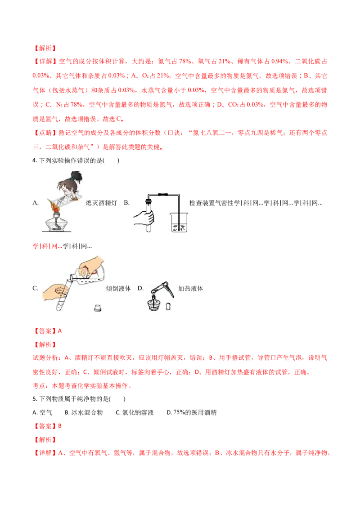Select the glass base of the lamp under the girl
click(x=56, y=225)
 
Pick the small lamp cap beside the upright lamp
click(x=167, y=307)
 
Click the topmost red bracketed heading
click(x=45, y=48)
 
